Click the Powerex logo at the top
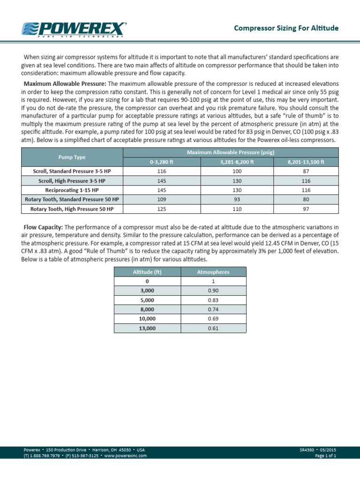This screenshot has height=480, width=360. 74,29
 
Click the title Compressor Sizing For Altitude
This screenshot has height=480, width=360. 286,28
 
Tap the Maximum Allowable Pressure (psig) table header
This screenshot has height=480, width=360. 230,152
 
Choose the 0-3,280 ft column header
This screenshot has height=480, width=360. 161,162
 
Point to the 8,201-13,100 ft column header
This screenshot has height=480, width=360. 306,162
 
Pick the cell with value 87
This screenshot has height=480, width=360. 306,172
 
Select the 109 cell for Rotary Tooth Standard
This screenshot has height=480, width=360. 161,200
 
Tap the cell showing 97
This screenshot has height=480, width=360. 306,209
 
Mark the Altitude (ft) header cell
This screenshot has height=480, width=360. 147,272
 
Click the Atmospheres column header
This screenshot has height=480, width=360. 213,272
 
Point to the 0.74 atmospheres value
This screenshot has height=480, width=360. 213,309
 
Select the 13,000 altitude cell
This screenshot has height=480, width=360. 147,329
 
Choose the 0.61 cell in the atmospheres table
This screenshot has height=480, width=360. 213,329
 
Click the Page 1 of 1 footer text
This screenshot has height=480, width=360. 325,455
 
